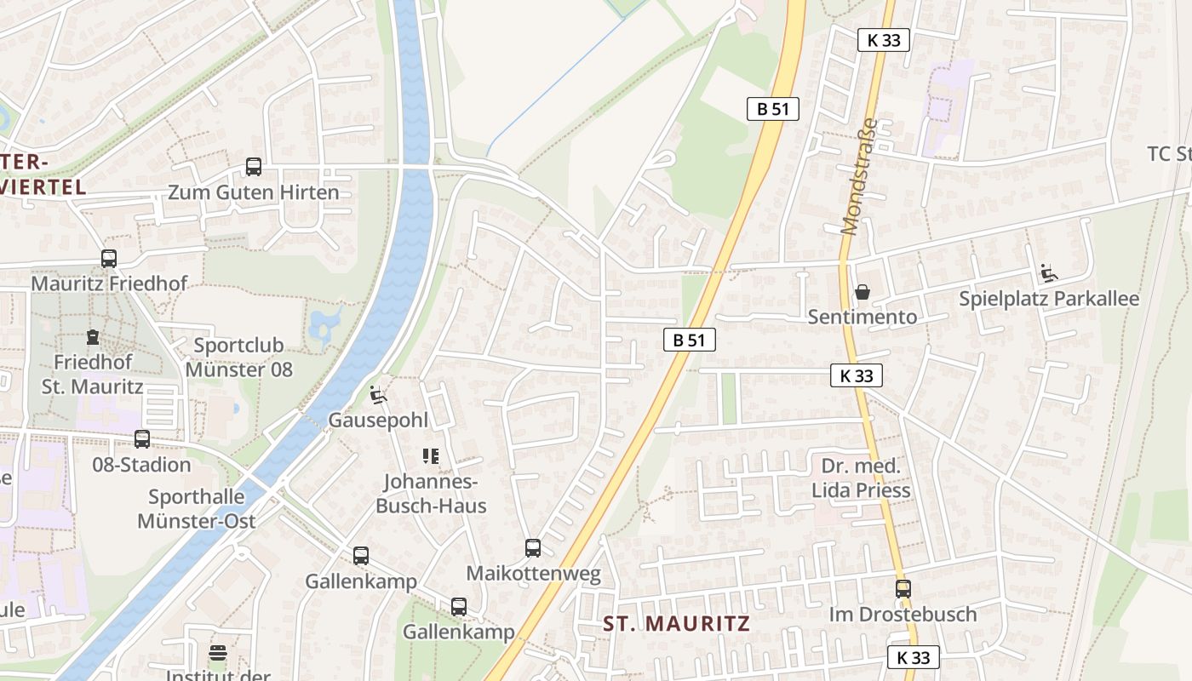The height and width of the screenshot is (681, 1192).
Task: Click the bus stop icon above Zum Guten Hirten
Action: tap(254, 167)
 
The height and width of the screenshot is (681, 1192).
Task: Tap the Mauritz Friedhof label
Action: tap(109, 283)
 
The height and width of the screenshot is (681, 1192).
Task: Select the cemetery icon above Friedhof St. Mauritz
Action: tap(93, 337)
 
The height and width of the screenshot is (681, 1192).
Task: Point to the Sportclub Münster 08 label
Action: tap(238, 358)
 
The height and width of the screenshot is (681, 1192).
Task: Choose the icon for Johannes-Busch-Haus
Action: tap(431, 456)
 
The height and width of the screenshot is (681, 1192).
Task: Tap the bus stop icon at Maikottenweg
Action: tap(533, 548)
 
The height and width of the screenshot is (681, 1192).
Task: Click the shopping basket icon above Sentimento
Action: tap(862, 292)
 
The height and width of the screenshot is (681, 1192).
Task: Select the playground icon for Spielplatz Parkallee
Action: tap(1049, 273)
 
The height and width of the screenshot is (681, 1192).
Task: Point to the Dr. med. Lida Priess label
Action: tap(861, 478)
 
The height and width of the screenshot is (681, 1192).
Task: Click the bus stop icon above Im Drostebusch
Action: tap(903, 588)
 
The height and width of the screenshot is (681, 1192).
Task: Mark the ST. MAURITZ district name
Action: tap(677, 623)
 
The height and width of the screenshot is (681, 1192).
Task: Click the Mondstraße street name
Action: tap(860, 176)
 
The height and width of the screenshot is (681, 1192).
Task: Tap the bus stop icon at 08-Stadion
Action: tap(142, 439)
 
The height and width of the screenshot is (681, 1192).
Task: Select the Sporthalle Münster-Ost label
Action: tap(197, 508)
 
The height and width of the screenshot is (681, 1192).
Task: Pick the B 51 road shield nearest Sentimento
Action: tap(689, 340)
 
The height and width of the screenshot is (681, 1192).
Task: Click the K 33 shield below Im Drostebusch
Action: tap(914, 657)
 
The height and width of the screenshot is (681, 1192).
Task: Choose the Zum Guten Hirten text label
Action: tap(254, 192)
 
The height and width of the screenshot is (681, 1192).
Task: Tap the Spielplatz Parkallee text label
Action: tap(1049, 299)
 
